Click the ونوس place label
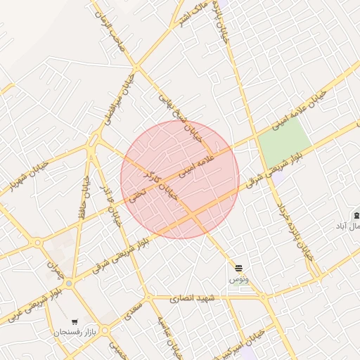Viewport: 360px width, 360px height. (x=239, y=279)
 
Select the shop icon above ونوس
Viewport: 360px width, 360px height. (x=239, y=268)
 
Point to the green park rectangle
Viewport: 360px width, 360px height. (x=284, y=140)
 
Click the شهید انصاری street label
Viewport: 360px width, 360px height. (x=195, y=299)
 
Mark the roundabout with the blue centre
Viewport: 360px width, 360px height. (x=69, y=283)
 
